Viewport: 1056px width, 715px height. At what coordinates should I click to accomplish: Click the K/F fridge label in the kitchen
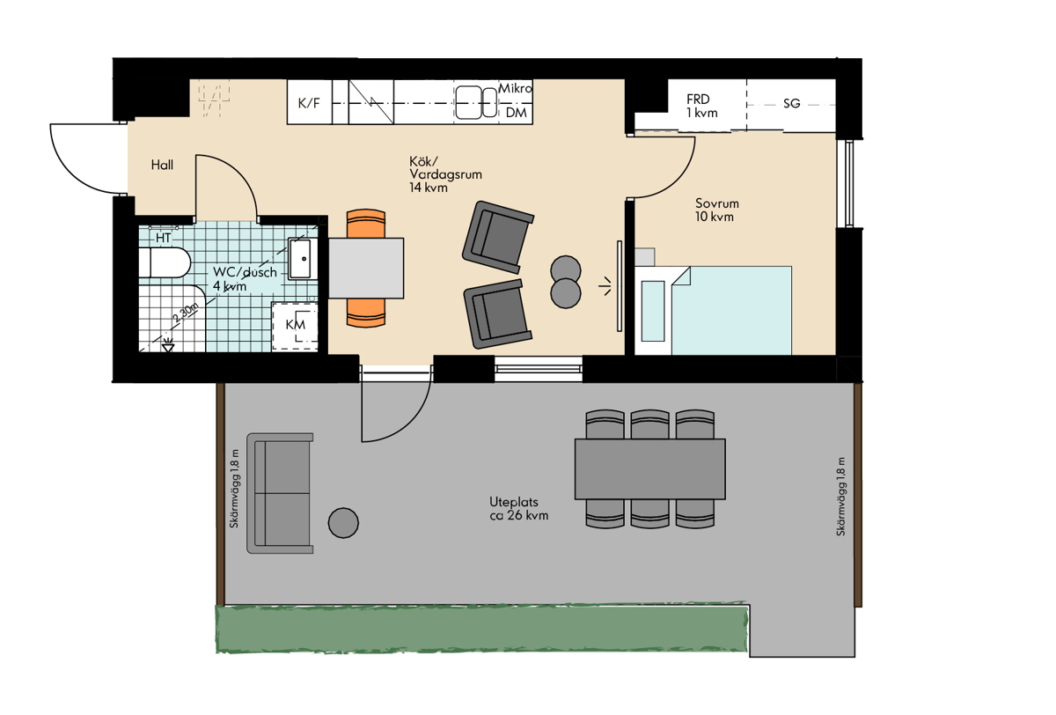309,103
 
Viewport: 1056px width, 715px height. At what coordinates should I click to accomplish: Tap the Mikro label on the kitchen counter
516,88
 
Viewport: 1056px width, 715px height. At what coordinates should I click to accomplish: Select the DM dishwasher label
517,113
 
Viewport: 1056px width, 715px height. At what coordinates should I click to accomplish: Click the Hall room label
162,165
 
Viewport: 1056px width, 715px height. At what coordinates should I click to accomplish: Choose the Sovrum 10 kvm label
717,210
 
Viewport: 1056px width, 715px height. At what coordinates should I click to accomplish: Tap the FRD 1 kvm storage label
702,107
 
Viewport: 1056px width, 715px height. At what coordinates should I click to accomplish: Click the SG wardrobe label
792,103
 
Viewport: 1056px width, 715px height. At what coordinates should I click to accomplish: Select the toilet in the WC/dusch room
165,262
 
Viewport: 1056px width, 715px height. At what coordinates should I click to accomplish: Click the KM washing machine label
296,325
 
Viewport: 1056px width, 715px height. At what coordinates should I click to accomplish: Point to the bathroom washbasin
300,259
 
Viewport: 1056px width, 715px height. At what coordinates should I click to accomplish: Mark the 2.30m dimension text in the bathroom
187,313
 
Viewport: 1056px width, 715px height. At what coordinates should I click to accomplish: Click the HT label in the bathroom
163,238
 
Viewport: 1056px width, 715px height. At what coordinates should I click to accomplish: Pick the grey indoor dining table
366,268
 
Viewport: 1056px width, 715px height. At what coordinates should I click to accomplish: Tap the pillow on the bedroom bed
653,311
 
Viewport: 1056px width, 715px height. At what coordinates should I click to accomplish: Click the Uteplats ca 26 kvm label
519,508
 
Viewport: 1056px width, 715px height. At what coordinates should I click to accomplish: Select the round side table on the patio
343,522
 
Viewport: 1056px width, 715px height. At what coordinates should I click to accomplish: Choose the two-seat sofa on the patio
280,493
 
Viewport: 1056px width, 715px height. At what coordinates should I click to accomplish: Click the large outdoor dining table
650,469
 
